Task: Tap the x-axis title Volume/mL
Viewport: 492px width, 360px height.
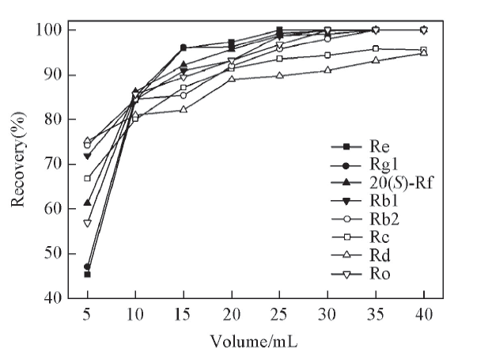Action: [253, 342]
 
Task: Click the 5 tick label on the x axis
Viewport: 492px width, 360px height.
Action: [87, 315]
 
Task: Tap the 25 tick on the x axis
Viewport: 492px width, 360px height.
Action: [279, 315]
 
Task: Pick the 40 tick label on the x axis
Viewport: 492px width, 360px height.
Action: [424, 315]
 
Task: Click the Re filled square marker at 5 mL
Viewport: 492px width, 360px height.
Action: [87, 274]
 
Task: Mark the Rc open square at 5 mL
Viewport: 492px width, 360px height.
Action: [87, 178]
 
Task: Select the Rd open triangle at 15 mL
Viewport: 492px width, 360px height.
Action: [184, 109]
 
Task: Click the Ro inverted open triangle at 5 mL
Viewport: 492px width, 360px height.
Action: [87, 223]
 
